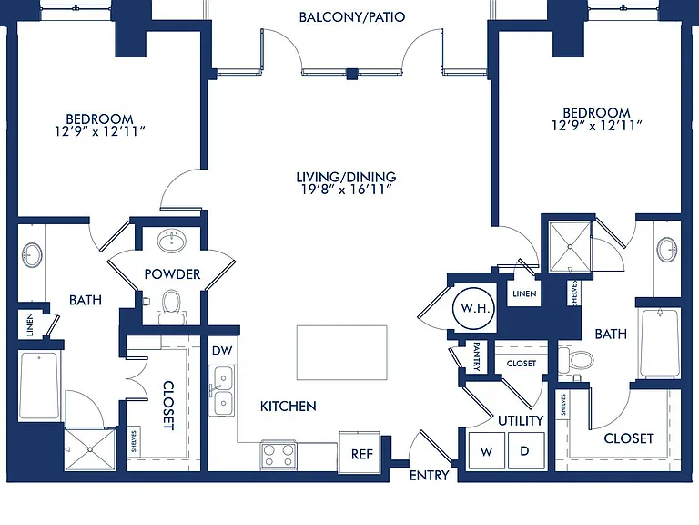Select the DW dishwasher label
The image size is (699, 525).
coord(222,350)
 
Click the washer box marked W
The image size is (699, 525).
coord(486,450)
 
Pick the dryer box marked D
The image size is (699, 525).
coord(526,450)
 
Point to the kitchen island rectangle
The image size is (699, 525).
coord(342,353)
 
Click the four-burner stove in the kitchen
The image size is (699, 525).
coord(279,455)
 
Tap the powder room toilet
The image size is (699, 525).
coord(171,307)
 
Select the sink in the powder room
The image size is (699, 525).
coord(172,241)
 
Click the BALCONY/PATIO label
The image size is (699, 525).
coord(352,17)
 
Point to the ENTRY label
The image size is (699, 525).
coord(430,476)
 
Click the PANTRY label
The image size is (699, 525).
coord(477,356)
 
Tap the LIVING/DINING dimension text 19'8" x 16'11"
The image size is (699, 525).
coord(347,190)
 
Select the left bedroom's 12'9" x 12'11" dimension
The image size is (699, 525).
coord(100,131)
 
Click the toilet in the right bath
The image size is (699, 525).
coord(575,360)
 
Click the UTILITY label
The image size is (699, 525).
coord(521,420)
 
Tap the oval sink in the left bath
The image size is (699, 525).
coord(33,255)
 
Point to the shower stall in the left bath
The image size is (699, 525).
coord(90,449)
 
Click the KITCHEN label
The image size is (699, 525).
coord(289,407)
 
